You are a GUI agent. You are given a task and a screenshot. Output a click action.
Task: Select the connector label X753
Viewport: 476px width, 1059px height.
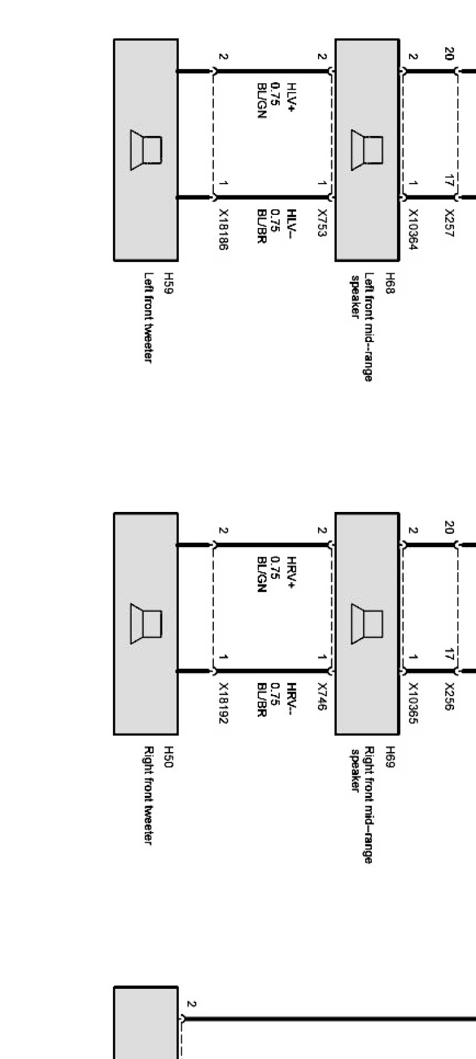(x=322, y=223)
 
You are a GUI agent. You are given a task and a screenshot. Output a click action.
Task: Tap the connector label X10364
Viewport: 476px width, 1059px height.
(x=413, y=230)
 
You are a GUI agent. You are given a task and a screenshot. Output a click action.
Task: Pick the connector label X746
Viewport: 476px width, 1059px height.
(x=322, y=697)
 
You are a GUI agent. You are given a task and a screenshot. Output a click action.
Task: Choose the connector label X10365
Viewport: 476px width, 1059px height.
(x=413, y=704)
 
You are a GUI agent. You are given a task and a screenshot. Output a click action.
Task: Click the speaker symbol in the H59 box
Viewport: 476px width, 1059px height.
(x=146, y=150)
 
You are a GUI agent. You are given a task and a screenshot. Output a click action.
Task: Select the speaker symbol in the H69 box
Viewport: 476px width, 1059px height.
(x=367, y=623)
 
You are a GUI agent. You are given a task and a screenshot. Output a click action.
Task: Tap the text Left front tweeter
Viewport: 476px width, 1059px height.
(x=149, y=317)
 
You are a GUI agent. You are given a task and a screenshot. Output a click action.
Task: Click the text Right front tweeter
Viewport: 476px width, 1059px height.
(x=149, y=795)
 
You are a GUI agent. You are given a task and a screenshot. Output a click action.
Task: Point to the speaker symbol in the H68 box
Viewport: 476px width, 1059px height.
(x=367, y=150)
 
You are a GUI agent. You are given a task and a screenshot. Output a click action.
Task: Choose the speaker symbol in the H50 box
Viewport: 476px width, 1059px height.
(x=146, y=623)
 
